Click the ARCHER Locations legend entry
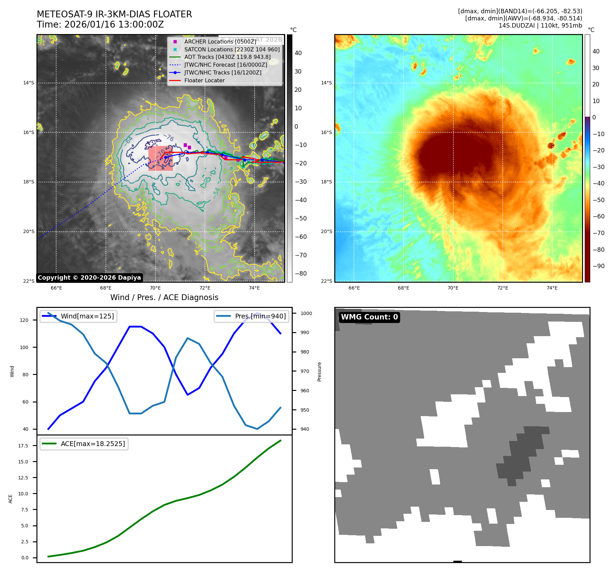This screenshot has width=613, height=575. tap(220, 42)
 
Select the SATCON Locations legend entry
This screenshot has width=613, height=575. tap(232, 49)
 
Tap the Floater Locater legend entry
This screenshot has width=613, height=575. tap(204, 81)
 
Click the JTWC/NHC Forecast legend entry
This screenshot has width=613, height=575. tap(225, 65)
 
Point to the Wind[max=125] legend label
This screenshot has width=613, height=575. tap(87, 316)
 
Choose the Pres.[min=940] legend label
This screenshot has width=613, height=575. tap(260, 316)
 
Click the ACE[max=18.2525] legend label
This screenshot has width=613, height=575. tap(93, 444)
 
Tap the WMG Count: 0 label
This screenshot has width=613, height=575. tap(369, 317)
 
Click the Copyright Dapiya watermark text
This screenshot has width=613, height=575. tap(89, 278)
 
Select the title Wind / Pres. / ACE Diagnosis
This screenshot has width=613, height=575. tap(164, 297)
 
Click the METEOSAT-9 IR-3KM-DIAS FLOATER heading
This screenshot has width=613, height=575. tap(114, 14)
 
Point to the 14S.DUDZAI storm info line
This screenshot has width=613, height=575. tap(540, 26)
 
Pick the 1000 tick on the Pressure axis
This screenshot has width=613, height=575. tap(306, 313)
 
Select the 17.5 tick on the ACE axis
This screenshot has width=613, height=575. tap(23, 446)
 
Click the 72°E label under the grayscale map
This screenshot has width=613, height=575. tap(205, 288)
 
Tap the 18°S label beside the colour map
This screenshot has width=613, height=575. tap(326, 182)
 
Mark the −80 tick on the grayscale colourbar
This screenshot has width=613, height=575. tap(301, 274)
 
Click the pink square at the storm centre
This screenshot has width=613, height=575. tap(160, 158)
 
